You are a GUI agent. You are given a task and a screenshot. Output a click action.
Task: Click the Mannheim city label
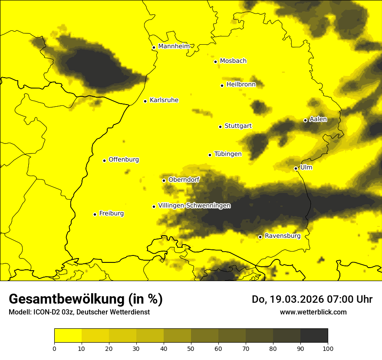(x=174, y=46)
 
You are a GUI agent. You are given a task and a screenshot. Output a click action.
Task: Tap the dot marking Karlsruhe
(x=145, y=101)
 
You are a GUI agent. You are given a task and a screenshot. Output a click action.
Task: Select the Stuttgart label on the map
(x=238, y=126)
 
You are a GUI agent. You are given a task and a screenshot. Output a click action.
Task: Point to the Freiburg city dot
(x=95, y=214)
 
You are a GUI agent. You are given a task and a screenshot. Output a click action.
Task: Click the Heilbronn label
(x=241, y=85)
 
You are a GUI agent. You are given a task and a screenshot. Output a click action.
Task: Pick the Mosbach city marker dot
(x=215, y=62)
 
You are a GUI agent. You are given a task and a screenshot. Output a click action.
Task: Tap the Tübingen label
(x=228, y=154)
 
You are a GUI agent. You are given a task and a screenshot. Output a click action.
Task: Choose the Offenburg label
(x=124, y=160)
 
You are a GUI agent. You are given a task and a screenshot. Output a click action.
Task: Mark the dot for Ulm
(x=296, y=168)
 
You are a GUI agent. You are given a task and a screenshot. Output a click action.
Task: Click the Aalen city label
(x=318, y=119)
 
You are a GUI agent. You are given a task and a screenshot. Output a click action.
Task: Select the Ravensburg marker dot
(x=260, y=237)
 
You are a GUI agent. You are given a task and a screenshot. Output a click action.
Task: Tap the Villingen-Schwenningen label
(x=194, y=206)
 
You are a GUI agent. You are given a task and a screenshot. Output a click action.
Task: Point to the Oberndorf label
(x=184, y=180)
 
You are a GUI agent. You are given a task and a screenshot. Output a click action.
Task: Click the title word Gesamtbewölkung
(x=67, y=299)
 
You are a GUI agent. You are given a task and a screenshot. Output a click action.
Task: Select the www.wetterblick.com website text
(x=313, y=312)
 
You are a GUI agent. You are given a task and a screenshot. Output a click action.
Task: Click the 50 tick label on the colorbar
(x=191, y=348)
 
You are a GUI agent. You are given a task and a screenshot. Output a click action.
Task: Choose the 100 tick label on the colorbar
(x=328, y=348)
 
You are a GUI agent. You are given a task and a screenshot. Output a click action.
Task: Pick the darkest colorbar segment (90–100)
(x=314, y=336)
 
